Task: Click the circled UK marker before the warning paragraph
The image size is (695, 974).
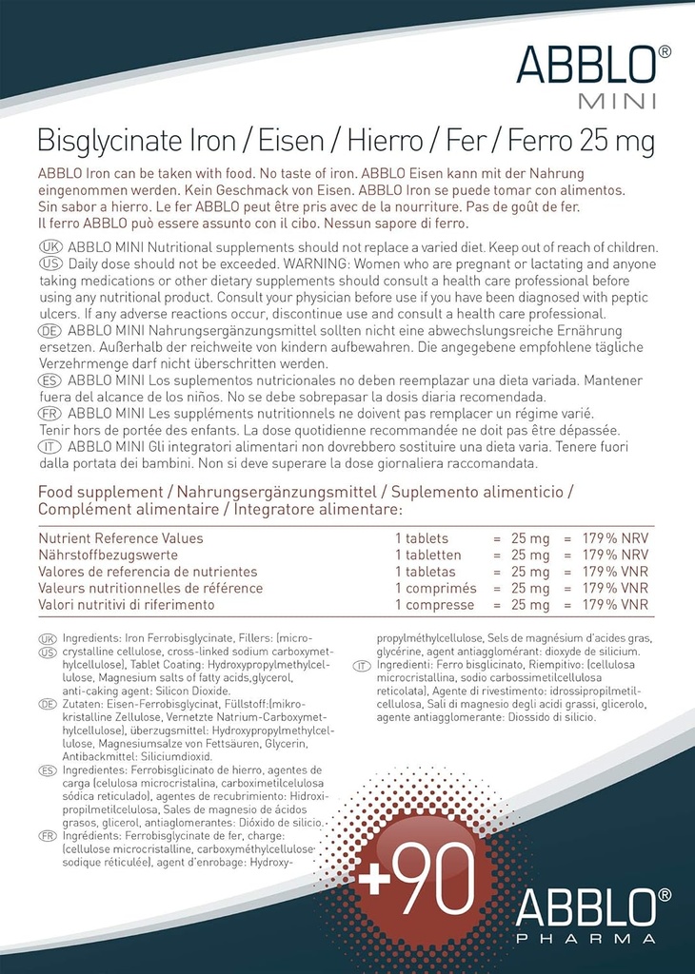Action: pyautogui.click(x=50, y=247)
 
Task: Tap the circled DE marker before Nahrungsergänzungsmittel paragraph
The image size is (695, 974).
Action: pyautogui.click(x=50, y=330)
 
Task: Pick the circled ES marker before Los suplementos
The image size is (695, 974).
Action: pyautogui.click(x=50, y=380)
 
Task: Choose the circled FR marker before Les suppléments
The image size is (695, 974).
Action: pyautogui.click(x=50, y=413)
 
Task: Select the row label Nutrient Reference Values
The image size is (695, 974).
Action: pyautogui.click(x=120, y=538)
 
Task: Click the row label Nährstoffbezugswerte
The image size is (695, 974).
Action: pyautogui.click(x=108, y=555)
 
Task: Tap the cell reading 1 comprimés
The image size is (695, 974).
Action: pyautogui.click(x=435, y=589)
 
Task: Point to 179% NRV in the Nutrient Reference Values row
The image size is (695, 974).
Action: pyautogui.click(x=615, y=538)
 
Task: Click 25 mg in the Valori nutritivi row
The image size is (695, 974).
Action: pyautogui.click(x=530, y=605)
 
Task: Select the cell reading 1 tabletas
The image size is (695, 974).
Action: pyautogui.click(x=425, y=572)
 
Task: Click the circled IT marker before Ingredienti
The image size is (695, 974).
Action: pyautogui.click(x=362, y=666)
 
